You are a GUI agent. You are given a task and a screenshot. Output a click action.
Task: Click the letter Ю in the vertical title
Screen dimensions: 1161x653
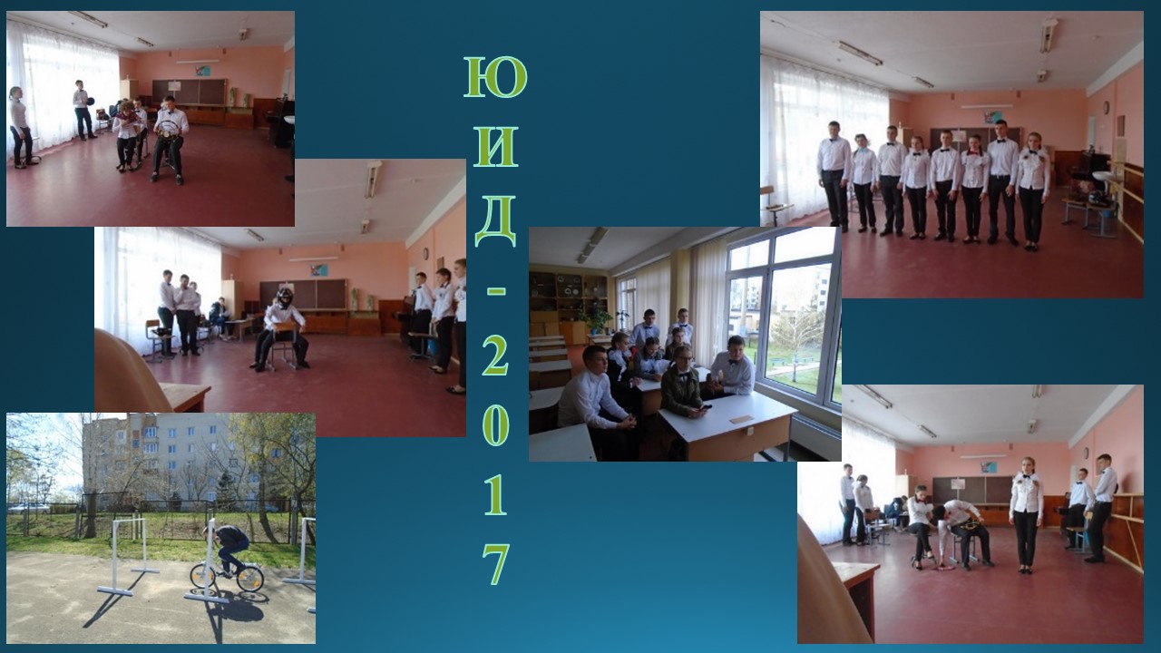coord(495,77)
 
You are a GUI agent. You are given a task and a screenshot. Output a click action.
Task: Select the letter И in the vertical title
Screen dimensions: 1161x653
coord(495,147)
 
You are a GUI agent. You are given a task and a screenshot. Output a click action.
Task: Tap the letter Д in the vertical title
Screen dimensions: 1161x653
coord(496,221)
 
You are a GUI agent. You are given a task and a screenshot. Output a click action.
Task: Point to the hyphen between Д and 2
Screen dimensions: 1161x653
coord(496,292)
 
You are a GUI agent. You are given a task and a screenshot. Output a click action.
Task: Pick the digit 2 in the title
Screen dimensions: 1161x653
coord(495,355)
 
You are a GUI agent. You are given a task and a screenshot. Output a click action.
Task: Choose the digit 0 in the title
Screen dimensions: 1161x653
coord(495,425)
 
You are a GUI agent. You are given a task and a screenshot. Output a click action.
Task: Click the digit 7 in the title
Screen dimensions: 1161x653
coord(496,564)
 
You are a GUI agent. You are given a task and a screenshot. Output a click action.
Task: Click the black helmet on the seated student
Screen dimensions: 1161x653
coord(284,298)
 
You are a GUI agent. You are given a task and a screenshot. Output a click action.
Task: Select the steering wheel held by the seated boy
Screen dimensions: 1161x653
coord(169,129)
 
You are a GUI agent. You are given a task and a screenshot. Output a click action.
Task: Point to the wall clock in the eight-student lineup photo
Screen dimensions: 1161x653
coord(1104,107)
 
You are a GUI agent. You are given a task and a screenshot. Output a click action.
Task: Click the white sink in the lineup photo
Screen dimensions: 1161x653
coord(1102,176)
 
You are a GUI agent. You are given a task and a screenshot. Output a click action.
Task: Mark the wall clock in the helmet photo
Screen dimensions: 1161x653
coord(425,253)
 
